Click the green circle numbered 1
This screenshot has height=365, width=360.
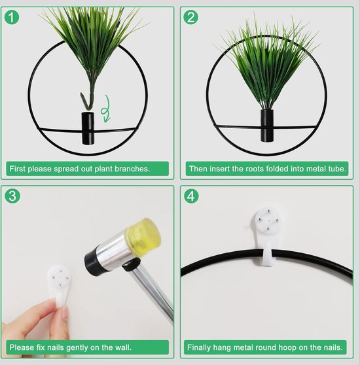[x=12, y=17]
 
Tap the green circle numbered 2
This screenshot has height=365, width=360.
[x=190, y=17]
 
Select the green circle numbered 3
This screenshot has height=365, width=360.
[x=12, y=196]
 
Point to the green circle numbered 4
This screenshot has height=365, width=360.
[x=191, y=196]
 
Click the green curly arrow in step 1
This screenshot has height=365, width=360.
[x=106, y=109]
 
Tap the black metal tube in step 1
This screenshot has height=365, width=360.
[x=88, y=128]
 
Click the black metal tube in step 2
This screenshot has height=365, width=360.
[x=267, y=125]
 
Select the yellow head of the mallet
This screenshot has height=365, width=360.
[x=143, y=233]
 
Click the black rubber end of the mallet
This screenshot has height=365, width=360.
[x=92, y=262]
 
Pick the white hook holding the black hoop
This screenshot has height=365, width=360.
[x=268, y=235]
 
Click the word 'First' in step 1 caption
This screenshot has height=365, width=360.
[x=18, y=169]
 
